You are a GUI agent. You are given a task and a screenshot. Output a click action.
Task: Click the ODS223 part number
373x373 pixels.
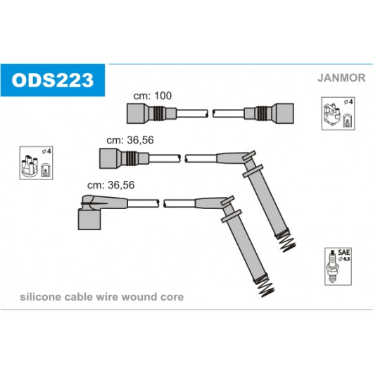tap(53, 80)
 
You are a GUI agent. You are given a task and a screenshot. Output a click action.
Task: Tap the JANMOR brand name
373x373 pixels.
tap(341, 78)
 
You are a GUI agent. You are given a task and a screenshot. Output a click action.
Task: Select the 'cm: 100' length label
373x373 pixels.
tap(153, 96)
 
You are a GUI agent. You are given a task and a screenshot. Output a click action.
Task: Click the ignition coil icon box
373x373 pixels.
tap(338, 113)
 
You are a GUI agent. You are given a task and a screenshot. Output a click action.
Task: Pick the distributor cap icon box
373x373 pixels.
tap(36, 163)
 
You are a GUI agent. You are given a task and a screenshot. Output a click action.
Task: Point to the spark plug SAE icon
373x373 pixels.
tap(338, 267)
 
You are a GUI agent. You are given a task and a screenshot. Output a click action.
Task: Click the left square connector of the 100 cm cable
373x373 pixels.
tap(135, 113)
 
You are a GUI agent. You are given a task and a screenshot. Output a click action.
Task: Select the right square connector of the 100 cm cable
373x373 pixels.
tap(285, 113)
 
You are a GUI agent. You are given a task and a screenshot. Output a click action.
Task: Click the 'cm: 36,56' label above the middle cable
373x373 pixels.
tap(130, 140)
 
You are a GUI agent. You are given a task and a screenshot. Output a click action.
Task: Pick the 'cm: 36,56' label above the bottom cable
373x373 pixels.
tap(111, 185)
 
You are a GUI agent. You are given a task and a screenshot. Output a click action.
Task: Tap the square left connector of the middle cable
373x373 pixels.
tap(108, 158)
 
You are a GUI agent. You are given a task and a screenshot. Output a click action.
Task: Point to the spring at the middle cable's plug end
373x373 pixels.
tap(287, 242)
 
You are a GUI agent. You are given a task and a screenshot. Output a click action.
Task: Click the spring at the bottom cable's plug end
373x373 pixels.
tap(265, 287)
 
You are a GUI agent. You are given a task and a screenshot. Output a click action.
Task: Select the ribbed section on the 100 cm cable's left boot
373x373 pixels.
tap(159, 113)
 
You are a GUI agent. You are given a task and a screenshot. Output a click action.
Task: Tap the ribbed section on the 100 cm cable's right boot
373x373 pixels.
tap(260, 113)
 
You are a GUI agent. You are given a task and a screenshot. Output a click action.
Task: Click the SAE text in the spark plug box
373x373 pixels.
tap(343, 252)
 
